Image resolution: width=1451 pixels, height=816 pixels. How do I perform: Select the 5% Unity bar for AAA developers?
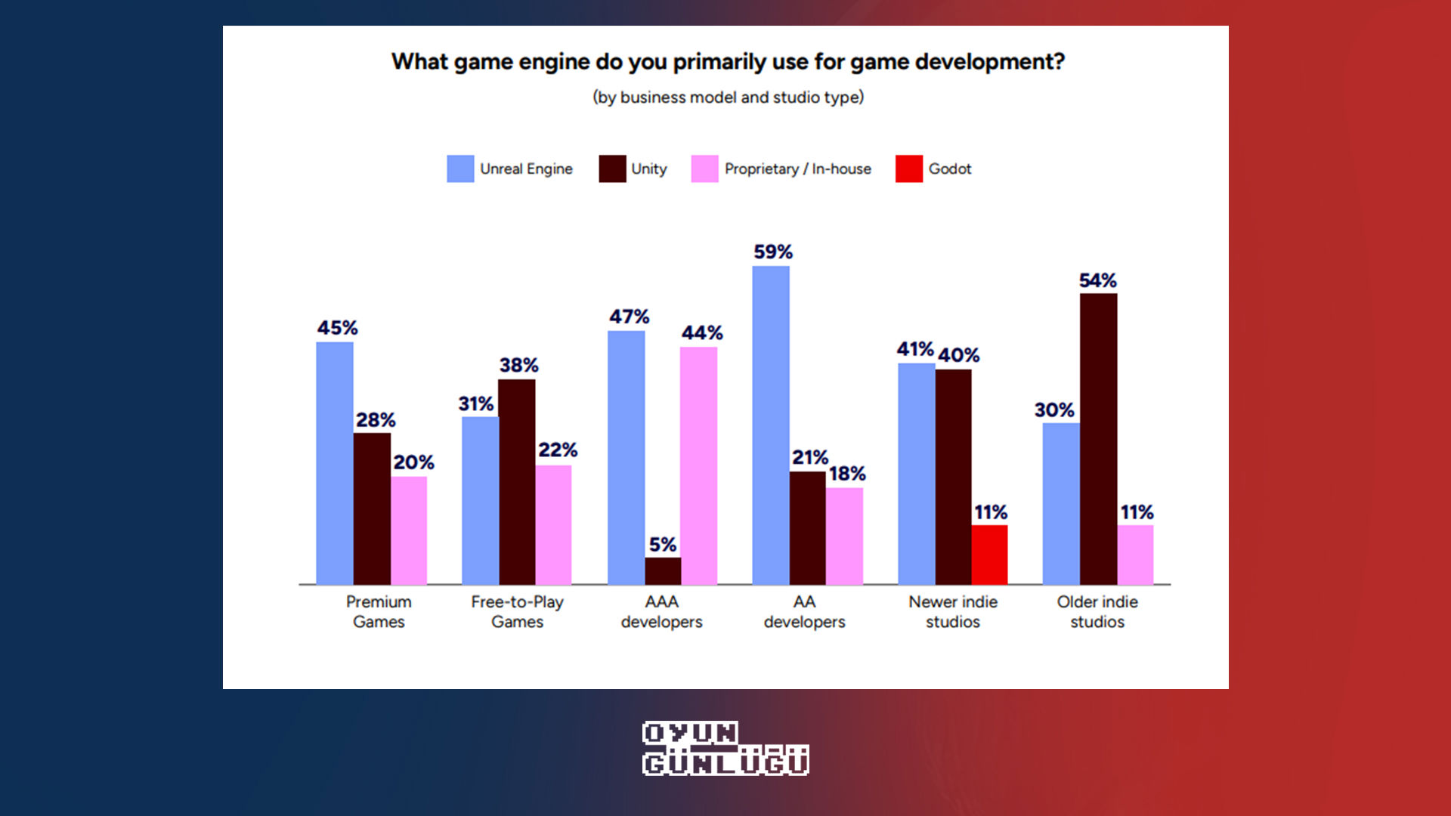click(663, 571)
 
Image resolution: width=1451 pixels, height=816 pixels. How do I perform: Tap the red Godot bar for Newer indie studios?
click(989, 555)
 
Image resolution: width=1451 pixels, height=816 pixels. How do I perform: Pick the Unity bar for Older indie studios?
click(1098, 438)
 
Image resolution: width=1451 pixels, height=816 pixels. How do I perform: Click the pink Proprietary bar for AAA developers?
click(698, 465)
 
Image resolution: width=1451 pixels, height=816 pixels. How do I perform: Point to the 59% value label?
click(772, 252)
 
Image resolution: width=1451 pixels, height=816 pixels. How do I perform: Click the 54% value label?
click(1097, 281)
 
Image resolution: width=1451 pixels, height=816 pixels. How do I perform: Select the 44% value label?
click(702, 333)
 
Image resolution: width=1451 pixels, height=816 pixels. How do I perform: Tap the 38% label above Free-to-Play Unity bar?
click(518, 366)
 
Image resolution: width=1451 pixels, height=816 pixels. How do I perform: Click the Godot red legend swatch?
click(908, 169)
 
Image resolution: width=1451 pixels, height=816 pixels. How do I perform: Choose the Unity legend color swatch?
click(612, 169)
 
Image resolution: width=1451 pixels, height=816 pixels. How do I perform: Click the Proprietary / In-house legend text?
click(797, 169)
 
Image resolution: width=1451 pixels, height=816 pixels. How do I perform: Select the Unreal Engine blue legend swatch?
click(460, 169)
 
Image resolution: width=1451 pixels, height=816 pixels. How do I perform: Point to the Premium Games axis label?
click(379, 612)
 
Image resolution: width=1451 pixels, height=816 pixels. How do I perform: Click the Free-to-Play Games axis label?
click(517, 612)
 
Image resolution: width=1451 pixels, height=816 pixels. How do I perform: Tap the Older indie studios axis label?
click(1097, 612)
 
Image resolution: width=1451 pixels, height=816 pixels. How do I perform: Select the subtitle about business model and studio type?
click(728, 97)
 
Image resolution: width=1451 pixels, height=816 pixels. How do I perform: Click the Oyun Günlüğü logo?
click(725, 749)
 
